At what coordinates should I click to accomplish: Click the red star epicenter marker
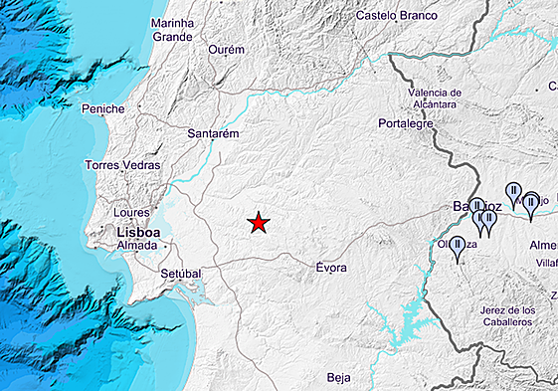[259, 223]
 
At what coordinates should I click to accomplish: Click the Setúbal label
[180, 273]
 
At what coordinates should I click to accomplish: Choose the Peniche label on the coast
[104, 108]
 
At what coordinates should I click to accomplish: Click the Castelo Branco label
[397, 16]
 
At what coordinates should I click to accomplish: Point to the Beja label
[339, 377]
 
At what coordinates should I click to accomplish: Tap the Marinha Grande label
[172, 30]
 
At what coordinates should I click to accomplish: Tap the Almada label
[137, 245]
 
